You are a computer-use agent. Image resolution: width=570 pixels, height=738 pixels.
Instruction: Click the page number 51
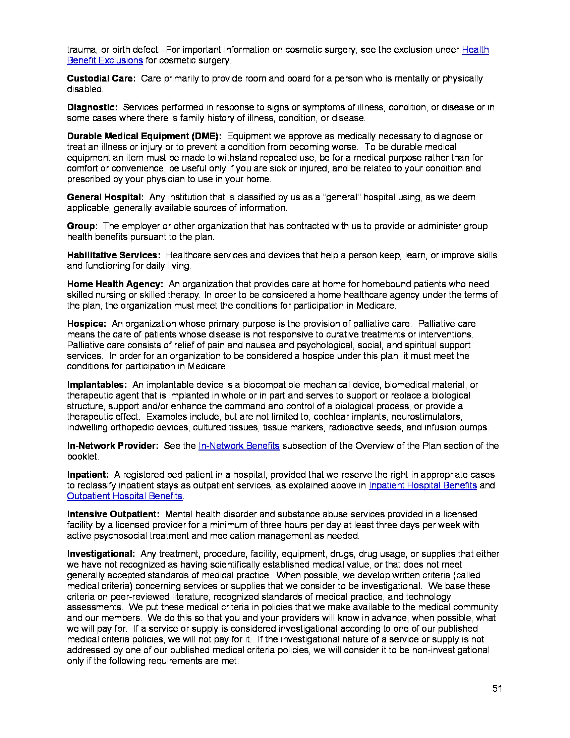coord(497,688)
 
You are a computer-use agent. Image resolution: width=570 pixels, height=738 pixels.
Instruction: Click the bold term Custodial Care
coord(101,78)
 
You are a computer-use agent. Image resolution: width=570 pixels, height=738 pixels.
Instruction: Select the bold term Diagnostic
coord(92,107)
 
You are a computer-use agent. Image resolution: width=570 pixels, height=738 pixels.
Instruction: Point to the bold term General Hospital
coord(105,197)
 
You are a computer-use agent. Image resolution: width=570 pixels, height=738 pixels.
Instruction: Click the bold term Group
coord(82,226)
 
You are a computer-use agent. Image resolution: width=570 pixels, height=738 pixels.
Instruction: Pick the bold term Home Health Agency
coord(115,284)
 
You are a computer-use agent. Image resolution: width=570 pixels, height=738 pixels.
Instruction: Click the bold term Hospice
coord(87,324)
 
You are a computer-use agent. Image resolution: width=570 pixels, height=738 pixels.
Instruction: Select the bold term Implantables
coord(97,385)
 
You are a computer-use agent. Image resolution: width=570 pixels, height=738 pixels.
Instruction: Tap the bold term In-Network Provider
coord(112,446)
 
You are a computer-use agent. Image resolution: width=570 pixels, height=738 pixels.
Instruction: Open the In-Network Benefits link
coord(239,446)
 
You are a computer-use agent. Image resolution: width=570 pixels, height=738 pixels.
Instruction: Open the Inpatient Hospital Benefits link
coord(422,485)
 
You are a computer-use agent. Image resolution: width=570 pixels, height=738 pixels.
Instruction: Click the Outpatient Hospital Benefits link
coord(125,496)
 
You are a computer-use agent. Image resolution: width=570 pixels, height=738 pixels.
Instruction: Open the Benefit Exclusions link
coord(105,60)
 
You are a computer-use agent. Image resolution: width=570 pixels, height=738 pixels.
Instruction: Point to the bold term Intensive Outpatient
coord(113,514)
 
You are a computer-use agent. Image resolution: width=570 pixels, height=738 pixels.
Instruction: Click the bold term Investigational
coord(101,554)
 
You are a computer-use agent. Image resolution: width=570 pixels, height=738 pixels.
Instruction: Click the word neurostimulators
coord(426,417)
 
